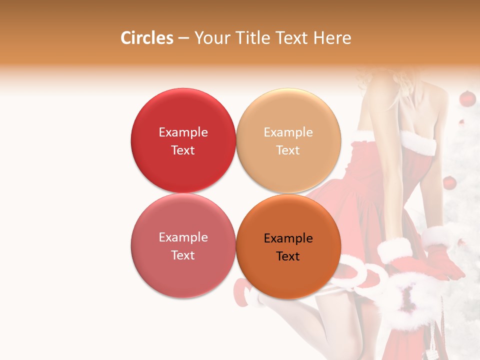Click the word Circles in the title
point(147,38)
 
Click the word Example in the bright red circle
point(183,132)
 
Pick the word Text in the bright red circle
point(183,150)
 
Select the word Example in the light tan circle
point(288,132)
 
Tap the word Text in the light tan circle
point(288,150)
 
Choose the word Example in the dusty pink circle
point(183,237)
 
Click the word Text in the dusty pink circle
point(183,255)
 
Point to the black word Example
point(288,238)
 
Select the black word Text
point(288,256)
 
